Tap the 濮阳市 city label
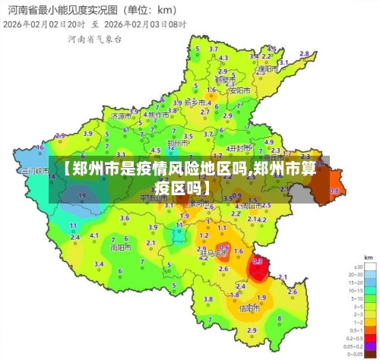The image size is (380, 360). click(264, 68)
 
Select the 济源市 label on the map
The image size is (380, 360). click(119, 117)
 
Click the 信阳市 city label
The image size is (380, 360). click(249, 308)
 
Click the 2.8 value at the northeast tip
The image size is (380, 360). click(304, 54)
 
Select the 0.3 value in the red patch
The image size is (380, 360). click(257, 261)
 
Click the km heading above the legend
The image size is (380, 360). click(369, 258)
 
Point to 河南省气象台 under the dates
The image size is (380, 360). click(94, 37)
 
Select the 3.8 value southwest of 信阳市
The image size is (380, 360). click(208, 299)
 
